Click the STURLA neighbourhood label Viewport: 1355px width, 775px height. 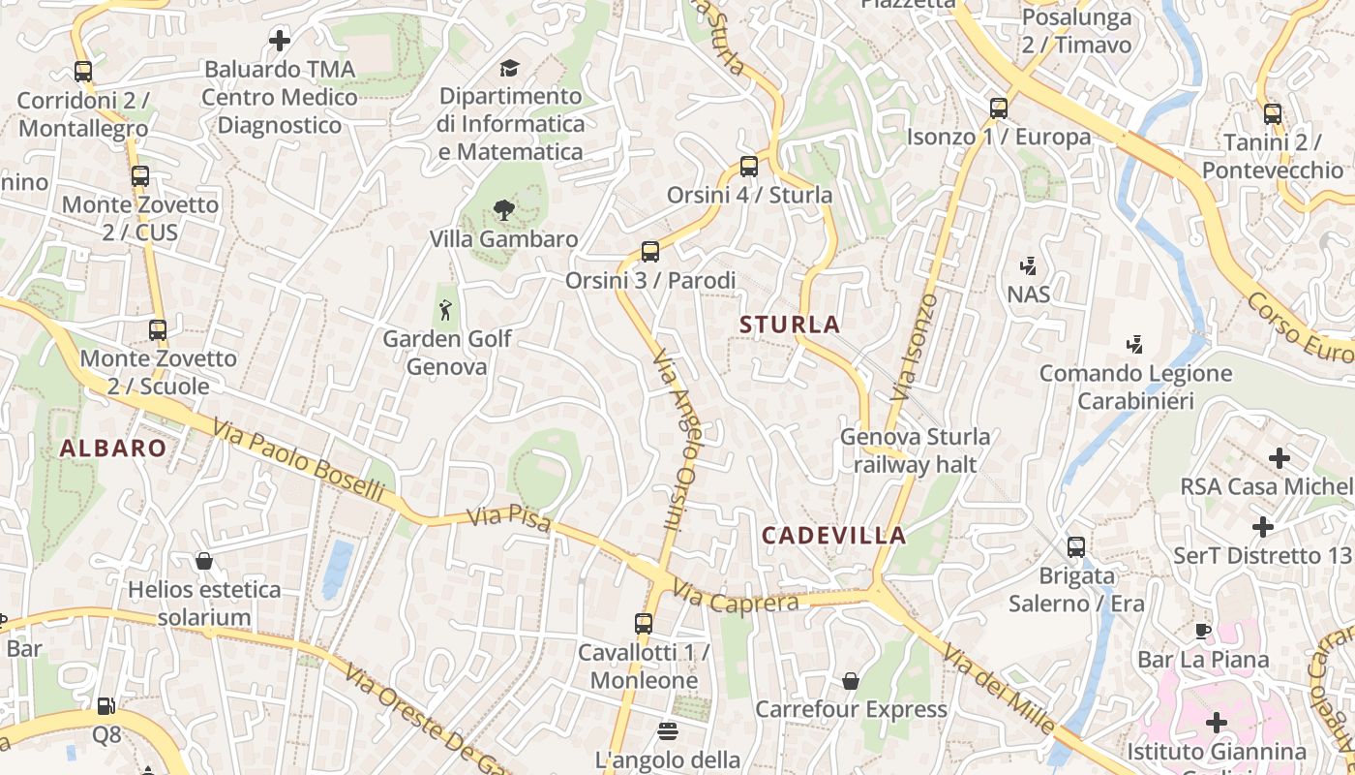(790, 325)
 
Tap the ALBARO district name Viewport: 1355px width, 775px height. (113, 448)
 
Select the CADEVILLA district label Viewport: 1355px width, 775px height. (833, 535)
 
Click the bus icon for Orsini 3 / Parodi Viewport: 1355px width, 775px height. (650, 252)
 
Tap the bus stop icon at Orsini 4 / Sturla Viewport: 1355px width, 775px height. (748, 166)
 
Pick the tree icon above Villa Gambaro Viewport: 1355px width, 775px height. (502, 209)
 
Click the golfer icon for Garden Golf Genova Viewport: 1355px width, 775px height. (445, 310)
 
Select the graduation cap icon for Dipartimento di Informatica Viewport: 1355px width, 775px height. (509, 68)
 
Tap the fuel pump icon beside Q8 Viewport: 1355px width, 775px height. (106, 706)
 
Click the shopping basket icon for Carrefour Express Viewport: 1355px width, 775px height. (851, 681)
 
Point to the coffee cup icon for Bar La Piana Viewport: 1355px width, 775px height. (1202, 631)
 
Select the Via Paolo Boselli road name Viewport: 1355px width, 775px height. (299, 460)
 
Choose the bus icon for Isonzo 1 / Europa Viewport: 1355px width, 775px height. (999, 108)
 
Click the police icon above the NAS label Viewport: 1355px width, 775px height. (1028, 264)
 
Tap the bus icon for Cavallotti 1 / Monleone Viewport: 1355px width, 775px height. (644, 623)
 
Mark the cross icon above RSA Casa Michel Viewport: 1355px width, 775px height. (1280, 457)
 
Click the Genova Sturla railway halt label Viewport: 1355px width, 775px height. (915, 450)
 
